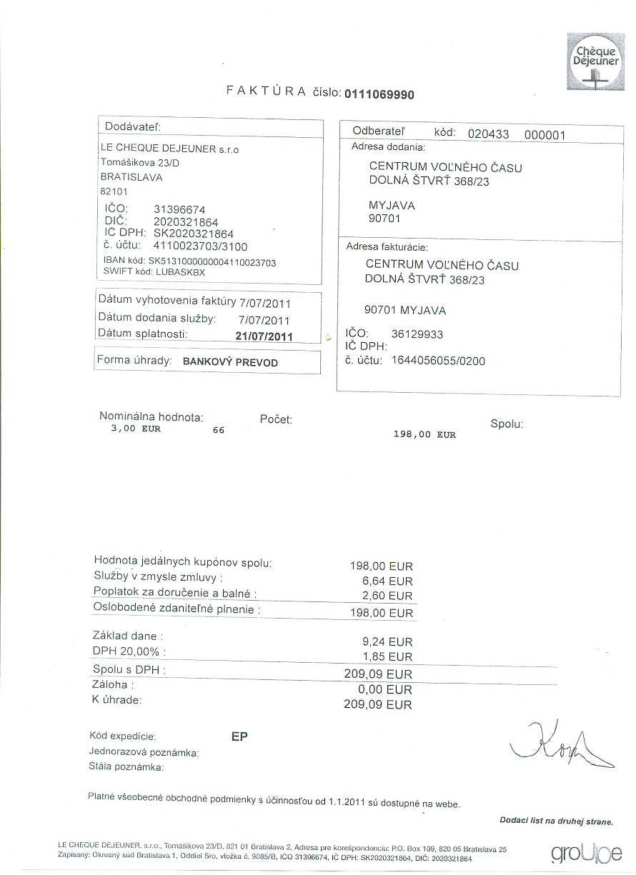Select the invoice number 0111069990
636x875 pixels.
379,94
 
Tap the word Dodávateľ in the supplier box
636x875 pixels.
134,126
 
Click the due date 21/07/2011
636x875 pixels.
264,335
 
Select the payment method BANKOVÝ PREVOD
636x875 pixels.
230,362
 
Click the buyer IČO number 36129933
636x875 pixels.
418,334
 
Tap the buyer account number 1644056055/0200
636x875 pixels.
438,361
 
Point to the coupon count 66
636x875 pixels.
219,431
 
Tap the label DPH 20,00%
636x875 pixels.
129,651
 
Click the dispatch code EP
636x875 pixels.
239,737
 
